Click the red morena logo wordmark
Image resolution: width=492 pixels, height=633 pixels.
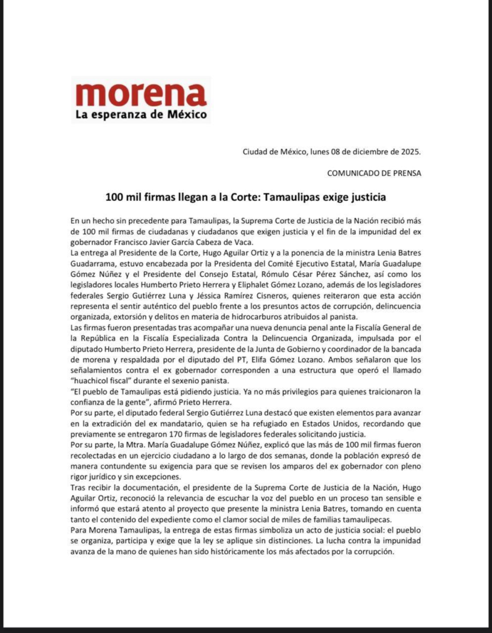pos(140,95)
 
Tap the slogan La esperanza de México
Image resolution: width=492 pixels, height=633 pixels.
pos(141,114)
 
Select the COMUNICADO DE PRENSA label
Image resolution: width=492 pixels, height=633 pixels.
pos(374,173)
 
